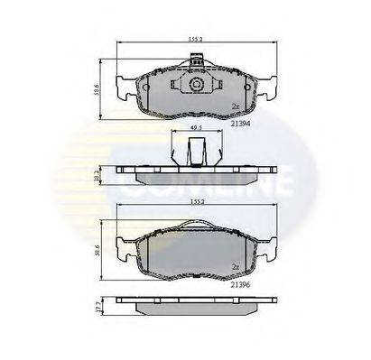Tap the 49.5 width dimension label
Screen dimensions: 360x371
tap(194, 140)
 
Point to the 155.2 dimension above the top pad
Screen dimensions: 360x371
tap(194, 40)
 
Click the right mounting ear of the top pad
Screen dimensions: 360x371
tap(269, 87)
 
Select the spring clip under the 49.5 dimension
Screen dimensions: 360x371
tap(194, 155)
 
